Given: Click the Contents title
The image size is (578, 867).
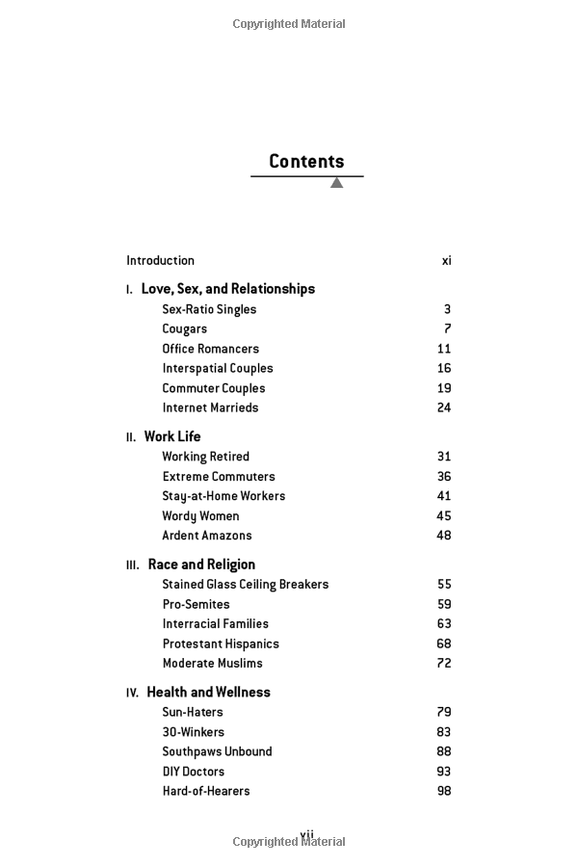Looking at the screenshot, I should [x=306, y=162].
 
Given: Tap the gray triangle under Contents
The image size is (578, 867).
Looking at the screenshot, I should [x=336, y=183].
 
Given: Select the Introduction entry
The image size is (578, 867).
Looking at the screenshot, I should [x=160, y=260].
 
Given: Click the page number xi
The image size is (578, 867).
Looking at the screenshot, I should [x=446, y=260].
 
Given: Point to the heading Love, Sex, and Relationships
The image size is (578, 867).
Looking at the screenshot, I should [x=227, y=289].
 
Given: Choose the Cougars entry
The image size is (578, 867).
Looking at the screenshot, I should [x=184, y=329].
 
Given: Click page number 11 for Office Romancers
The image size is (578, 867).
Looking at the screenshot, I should [x=443, y=349].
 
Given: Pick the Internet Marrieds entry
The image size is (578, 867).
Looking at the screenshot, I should [x=210, y=407].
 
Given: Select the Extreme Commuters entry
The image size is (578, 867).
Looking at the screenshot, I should [x=219, y=477].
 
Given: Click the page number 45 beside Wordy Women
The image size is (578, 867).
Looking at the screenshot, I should [x=443, y=516].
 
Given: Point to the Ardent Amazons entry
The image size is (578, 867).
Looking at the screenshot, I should [x=207, y=536].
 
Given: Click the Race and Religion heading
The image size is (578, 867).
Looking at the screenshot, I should [x=201, y=565].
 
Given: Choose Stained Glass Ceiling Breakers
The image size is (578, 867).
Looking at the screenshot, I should [x=246, y=585].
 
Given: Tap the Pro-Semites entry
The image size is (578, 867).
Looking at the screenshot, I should [x=196, y=605].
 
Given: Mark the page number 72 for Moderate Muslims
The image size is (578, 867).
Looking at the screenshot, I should [x=443, y=664].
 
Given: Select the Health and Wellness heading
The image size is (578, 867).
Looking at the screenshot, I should [x=208, y=693].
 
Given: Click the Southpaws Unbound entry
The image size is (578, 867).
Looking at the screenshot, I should [x=217, y=751].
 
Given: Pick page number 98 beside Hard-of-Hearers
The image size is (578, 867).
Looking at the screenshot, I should [x=443, y=791].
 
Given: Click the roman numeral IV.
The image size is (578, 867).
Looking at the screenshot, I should [x=132, y=693].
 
